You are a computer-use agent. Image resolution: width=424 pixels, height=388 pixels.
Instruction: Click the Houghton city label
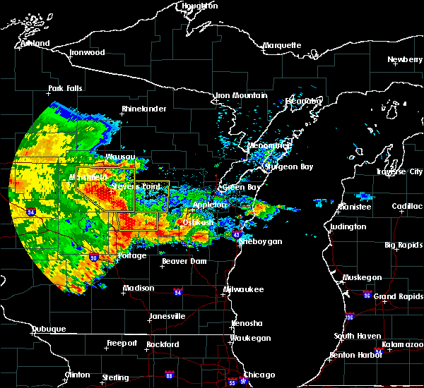click(x=199, y=6)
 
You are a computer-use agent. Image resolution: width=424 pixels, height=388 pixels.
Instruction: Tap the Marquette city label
click(x=282, y=46)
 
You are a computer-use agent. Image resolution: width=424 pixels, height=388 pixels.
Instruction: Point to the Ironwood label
click(x=87, y=53)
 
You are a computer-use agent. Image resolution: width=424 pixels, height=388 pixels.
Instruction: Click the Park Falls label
click(x=65, y=89)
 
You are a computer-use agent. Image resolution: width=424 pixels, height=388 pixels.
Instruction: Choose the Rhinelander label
click(x=143, y=109)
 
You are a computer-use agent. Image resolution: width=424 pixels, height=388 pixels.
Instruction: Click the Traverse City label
click(x=399, y=171)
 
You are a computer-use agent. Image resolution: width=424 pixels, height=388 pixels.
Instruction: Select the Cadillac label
click(x=408, y=206)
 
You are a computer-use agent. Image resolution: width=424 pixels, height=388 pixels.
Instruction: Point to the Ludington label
click(x=348, y=227)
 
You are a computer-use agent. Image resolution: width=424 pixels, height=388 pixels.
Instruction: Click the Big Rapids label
click(x=404, y=245)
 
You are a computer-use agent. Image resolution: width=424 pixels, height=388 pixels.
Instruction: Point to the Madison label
click(x=139, y=289)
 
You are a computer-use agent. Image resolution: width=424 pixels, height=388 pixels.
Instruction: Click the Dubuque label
click(x=48, y=329)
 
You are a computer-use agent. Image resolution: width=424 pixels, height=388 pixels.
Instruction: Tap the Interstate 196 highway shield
click(x=349, y=316)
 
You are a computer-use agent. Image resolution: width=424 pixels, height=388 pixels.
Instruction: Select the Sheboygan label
click(x=261, y=242)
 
